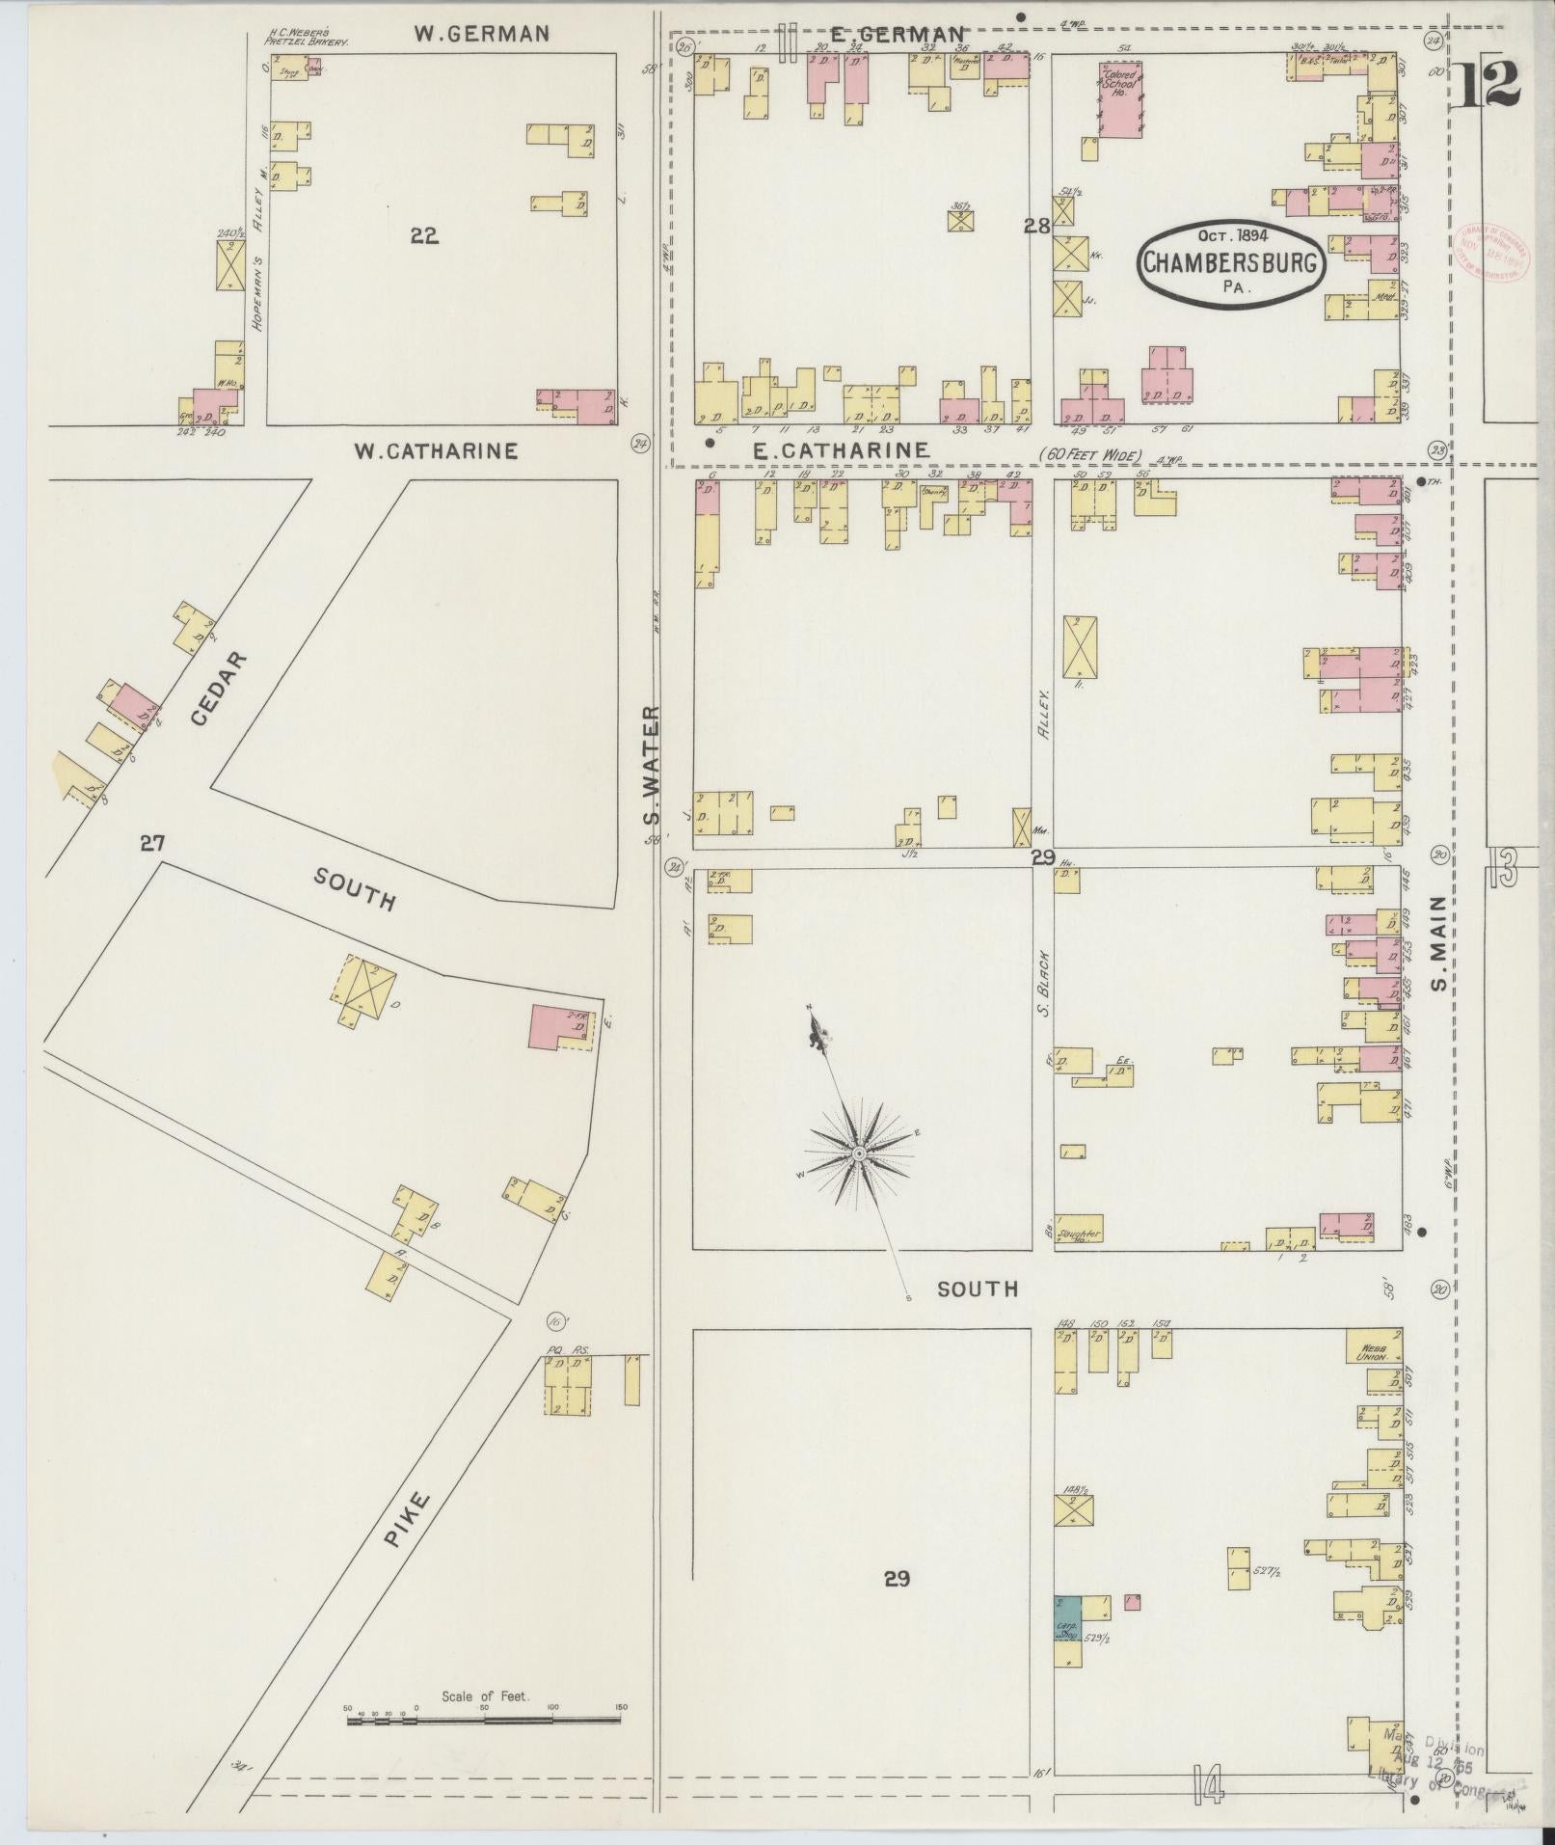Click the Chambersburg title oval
coord(1230,262)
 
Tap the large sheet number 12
coord(1488,85)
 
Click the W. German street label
coord(482,34)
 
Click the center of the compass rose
coord(858,1153)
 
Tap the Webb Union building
coord(1374,1349)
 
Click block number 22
coord(424,235)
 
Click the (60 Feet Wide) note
coord(1089,454)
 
